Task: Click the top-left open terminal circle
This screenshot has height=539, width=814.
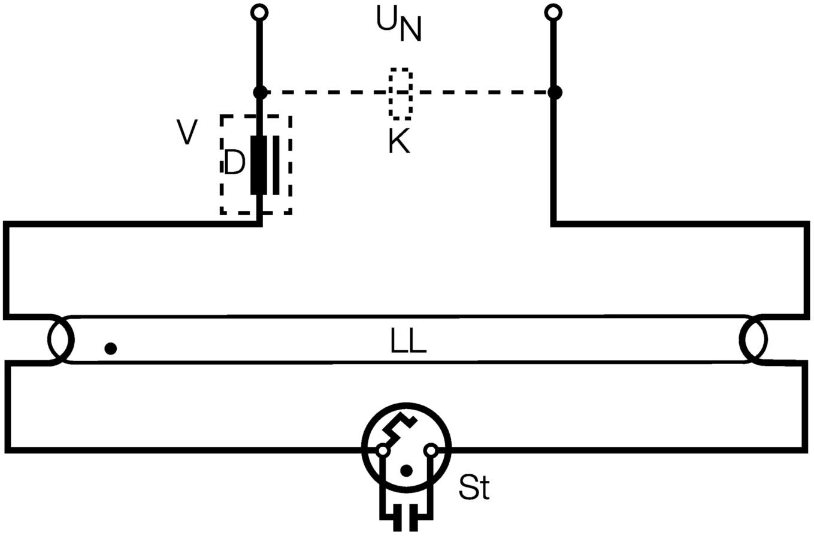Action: pyautogui.click(x=259, y=11)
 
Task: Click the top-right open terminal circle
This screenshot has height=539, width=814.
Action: pyautogui.click(x=554, y=11)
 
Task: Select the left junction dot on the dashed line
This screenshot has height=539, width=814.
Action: pyautogui.click(x=259, y=92)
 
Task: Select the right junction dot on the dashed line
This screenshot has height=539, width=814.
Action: pyautogui.click(x=555, y=92)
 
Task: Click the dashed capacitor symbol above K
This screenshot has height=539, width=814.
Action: pyautogui.click(x=400, y=93)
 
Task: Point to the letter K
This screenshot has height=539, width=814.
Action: pyautogui.click(x=399, y=142)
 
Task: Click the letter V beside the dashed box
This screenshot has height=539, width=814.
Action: pyautogui.click(x=187, y=132)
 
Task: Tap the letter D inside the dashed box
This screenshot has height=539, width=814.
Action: pyautogui.click(x=234, y=163)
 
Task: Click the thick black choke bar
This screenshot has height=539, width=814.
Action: pyautogui.click(x=259, y=165)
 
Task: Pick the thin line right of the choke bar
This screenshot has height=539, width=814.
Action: pyautogui.click(x=276, y=165)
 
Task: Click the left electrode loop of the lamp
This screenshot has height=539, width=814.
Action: pyautogui.click(x=60, y=340)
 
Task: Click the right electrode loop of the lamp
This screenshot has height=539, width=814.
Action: pyautogui.click(x=753, y=340)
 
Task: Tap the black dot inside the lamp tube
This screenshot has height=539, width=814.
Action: pyautogui.click(x=110, y=348)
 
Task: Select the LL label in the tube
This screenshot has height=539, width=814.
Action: pyautogui.click(x=408, y=341)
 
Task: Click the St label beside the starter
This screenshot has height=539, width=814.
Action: pyautogui.click(x=474, y=487)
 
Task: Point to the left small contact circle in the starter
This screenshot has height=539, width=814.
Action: pyautogui.click(x=382, y=450)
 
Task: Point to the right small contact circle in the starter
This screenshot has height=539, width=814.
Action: pyautogui.click(x=431, y=450)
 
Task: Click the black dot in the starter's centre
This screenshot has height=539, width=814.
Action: pyautogui.click(x=406, y=470)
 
